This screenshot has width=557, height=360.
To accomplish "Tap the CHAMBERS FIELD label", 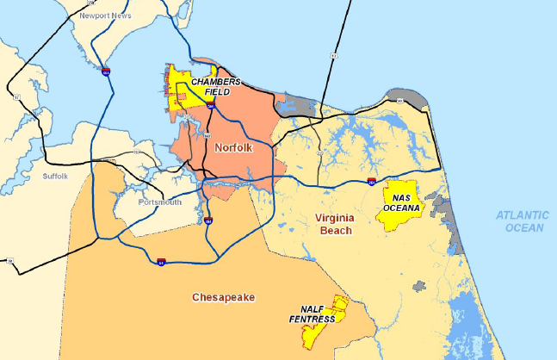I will [210, 86].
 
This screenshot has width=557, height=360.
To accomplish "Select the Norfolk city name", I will [235, 148].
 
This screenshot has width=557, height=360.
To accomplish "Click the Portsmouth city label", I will [160, 202].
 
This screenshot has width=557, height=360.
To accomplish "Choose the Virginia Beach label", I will [323, 224].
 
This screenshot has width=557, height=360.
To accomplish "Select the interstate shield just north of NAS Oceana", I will [370, 183].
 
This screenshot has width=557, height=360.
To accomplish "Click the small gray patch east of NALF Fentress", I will [421, 283].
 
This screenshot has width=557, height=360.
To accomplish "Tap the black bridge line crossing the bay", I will [338, 43].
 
